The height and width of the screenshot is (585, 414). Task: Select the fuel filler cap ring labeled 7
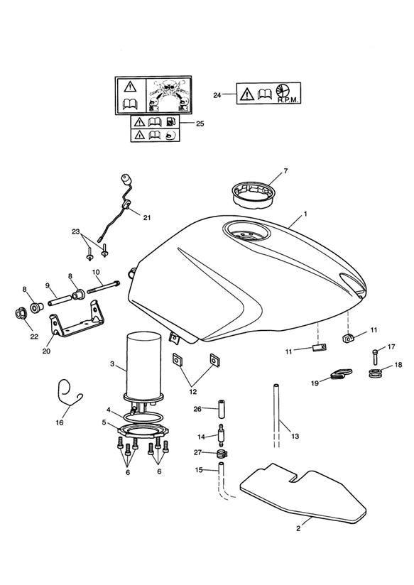pyautogui.click(x=253, y=194)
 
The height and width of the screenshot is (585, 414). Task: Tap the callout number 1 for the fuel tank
pyautogui.click(x=305, y=214)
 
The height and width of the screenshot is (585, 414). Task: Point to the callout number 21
pyautogui.click(x=147, y=217)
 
